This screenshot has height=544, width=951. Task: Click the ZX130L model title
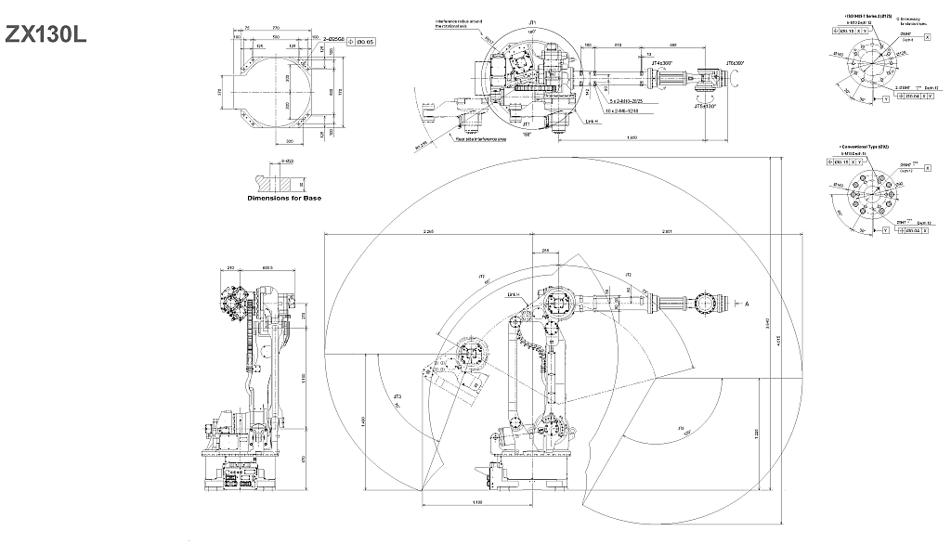click(47, 33)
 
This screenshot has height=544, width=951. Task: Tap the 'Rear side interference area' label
click(479, 140)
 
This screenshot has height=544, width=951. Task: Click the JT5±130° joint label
click(706, 106)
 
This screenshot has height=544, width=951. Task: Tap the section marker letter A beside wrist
click(747, 304)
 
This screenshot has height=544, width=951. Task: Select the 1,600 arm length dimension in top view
click(632, 138)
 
